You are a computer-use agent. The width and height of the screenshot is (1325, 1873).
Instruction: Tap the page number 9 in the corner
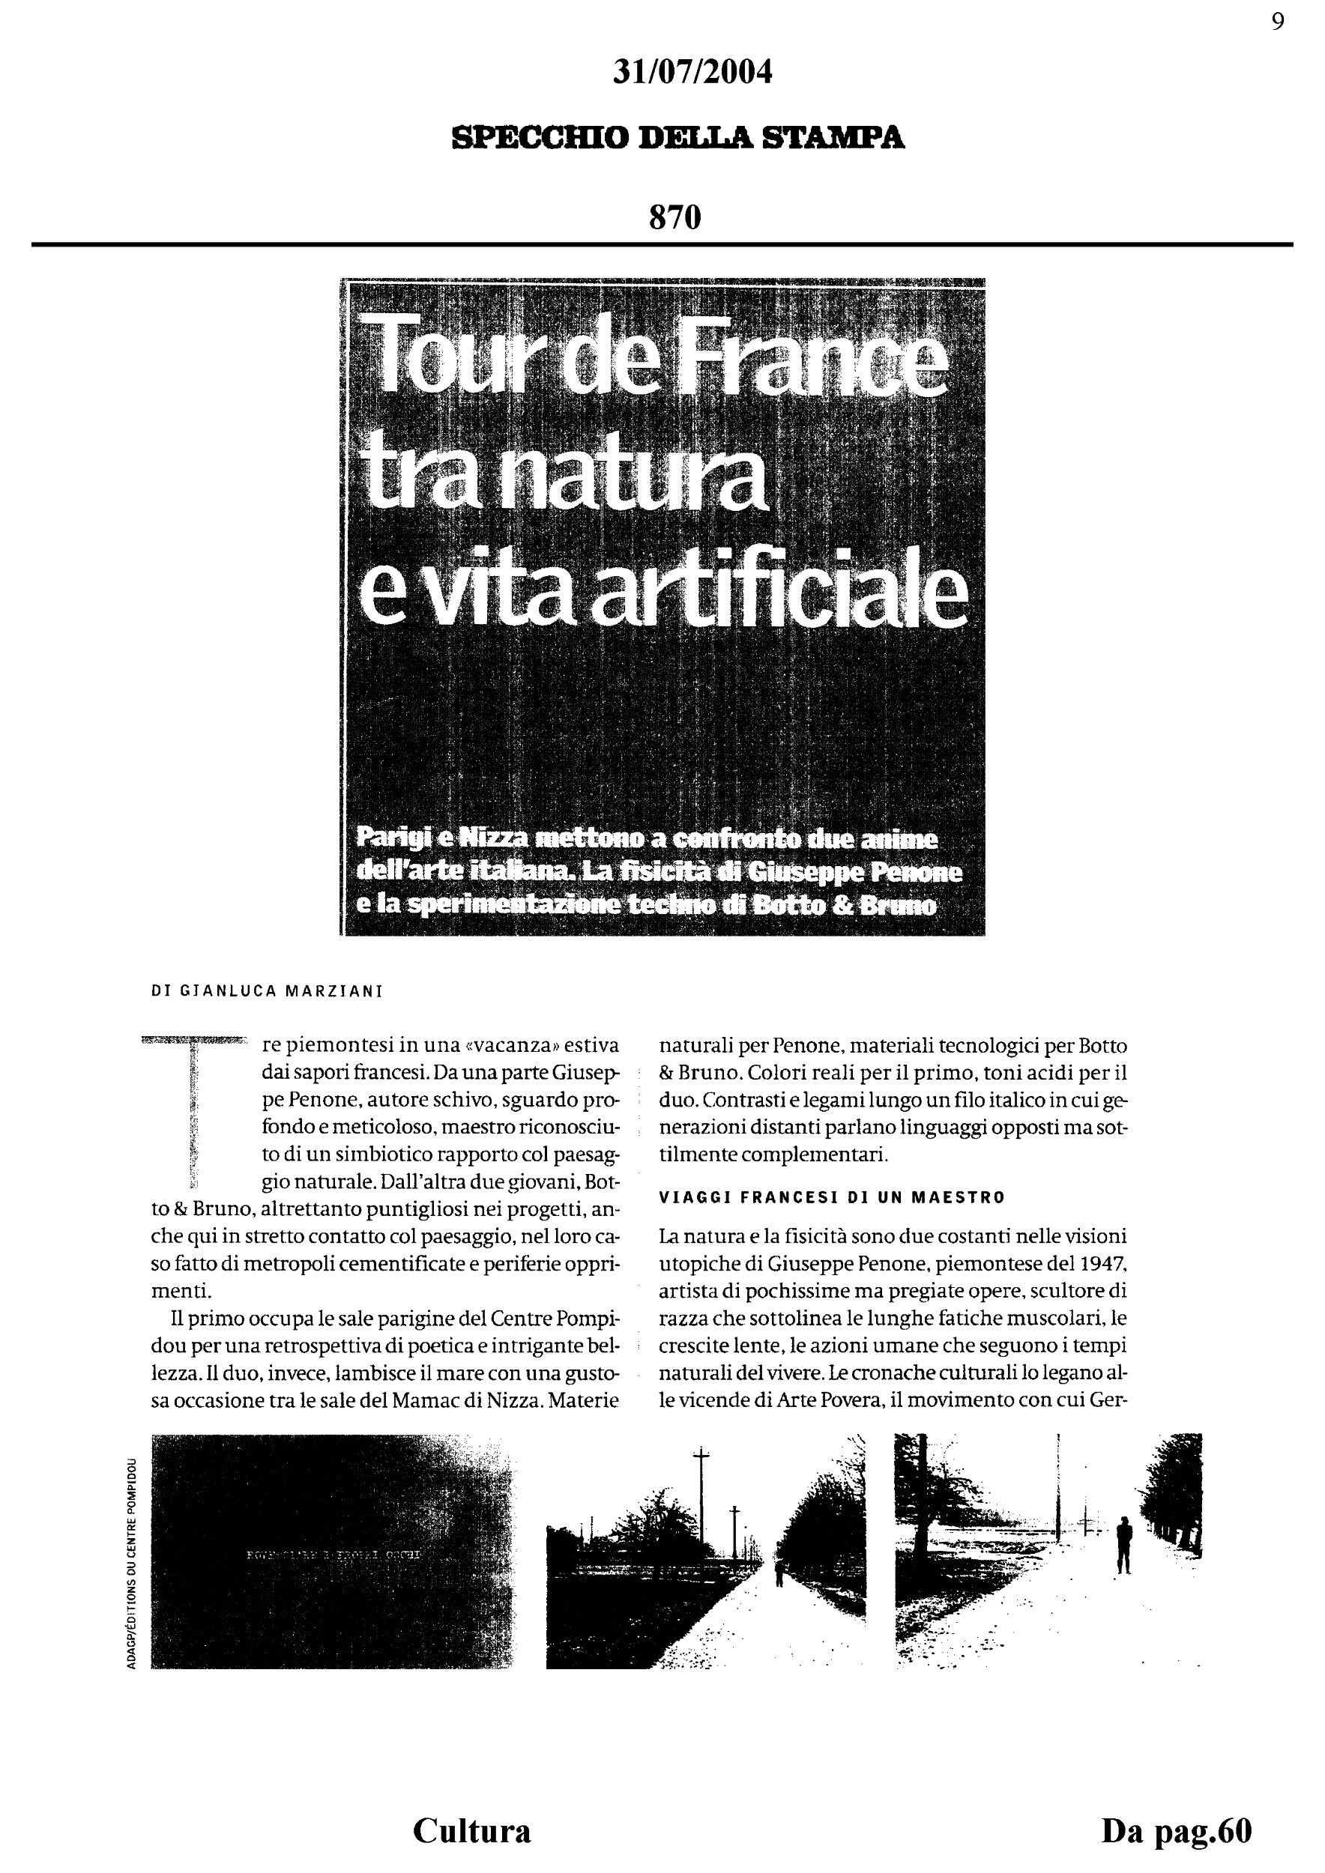tap(1278, 22)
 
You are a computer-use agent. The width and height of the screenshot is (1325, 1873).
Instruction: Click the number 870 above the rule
tap(674, 218)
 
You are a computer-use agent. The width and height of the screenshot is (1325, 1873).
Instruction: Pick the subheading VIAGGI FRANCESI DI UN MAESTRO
tap(832, 1197)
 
